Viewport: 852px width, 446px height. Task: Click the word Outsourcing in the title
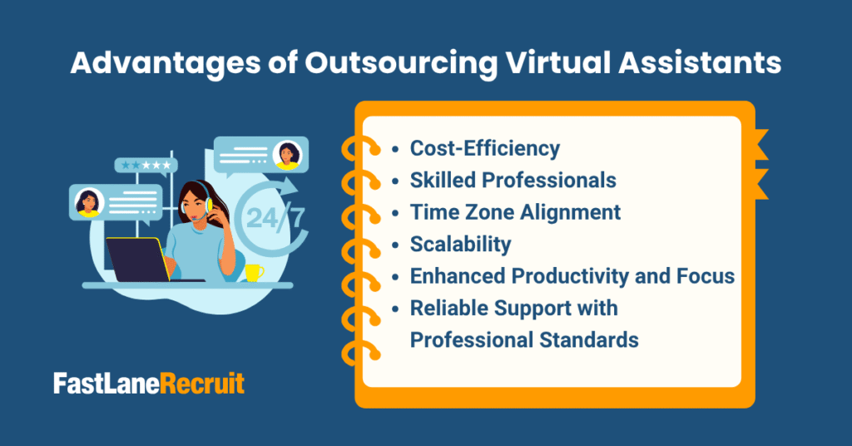point(401,63)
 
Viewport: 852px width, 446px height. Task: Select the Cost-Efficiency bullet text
point(485,148)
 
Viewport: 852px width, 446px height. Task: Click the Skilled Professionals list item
point(513,181)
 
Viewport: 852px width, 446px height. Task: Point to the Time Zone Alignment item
point(515,212)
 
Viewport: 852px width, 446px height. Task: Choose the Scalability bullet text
point(460,245)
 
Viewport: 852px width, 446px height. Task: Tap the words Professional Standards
point(524,340)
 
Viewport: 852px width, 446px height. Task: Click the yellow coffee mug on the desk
point(254,273)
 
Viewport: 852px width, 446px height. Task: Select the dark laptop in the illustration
point(140,260)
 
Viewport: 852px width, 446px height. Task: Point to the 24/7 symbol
point(275,217)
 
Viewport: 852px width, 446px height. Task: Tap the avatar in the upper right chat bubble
point(287,155)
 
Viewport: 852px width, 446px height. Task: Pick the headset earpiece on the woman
point(208,205)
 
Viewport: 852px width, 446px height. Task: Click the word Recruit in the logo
point(203,384)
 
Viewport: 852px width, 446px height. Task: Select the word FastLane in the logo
point(107,384)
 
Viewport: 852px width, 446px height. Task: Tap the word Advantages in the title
point(166,63)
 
